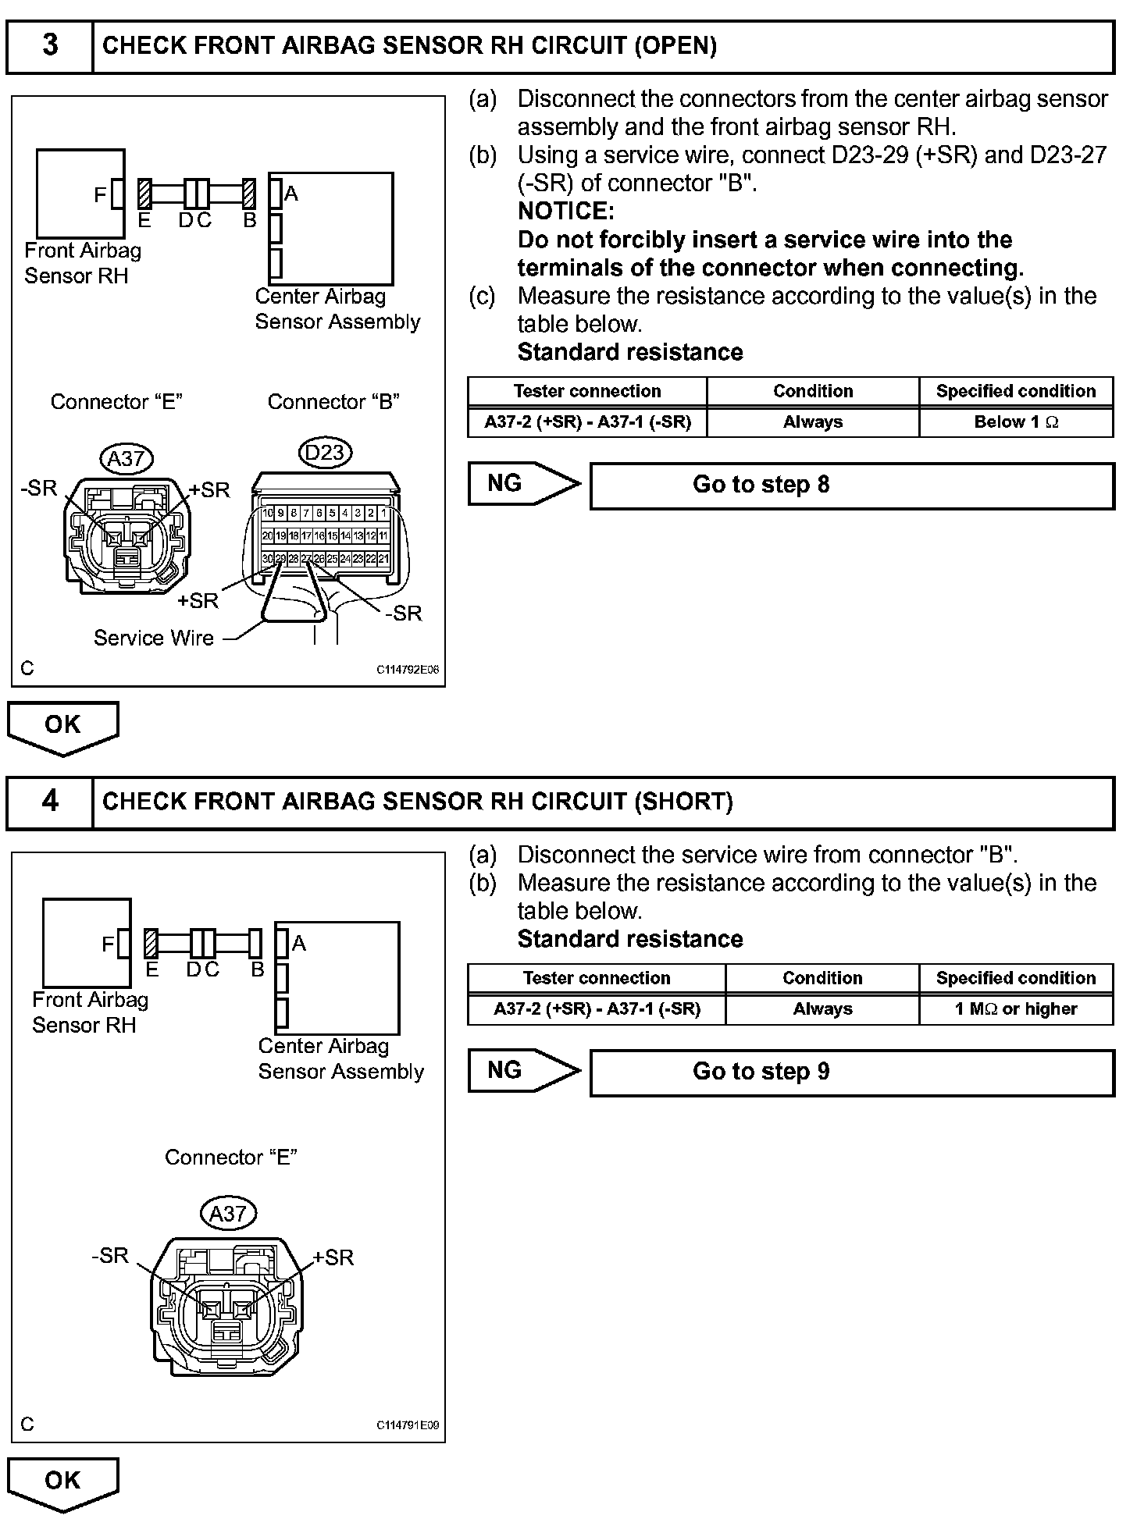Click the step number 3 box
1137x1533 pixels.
tap(50, 46)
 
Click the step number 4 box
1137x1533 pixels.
tap(50, 802)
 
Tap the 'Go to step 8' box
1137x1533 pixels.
tap(851, 486)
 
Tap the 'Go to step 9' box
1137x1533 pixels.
tap(851, 1072)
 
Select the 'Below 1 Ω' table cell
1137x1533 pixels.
tap(1016, 422)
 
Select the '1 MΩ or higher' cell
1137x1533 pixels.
tap(1016, 1009)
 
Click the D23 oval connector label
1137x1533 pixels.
tap(326, 453)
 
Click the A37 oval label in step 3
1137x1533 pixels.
tap(126, 458)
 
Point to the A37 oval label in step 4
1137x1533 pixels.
tap(228, 1214)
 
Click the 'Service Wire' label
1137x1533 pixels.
tap(154, 638)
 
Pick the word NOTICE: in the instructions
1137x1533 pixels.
tap(566, 212)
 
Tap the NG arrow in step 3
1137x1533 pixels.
tap(523, 484)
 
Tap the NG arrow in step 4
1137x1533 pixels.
tap(523, 1071)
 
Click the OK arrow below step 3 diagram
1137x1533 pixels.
tap(62, 727)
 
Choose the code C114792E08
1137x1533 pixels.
tap(408, 670)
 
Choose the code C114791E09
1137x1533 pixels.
tap(408, 1425)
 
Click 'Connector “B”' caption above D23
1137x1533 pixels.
tap(333, 402)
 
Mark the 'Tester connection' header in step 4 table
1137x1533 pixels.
tap(597, 979)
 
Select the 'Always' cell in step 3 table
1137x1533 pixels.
tap(813, 422)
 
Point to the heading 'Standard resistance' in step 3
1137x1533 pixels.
tap(630, 353)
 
